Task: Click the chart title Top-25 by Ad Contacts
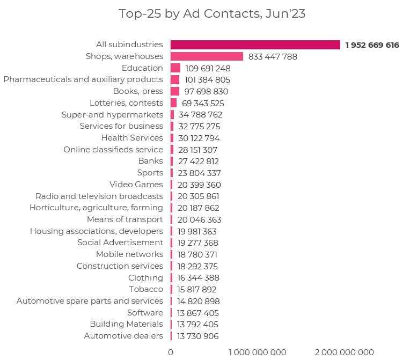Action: (x=212, y=14)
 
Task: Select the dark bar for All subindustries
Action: (x=255, y=45)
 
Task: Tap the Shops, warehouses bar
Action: (x=207, y=56)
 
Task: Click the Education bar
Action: (x=175, y=68)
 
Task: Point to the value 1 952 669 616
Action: (x=372, y=45)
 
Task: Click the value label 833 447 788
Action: (x=273, y=56)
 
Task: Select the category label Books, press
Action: (x=138, y=91)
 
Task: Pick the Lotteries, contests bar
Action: (x=173, y=103)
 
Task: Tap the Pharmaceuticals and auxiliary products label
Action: (x=83, y=79)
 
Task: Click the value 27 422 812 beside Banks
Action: (x=199, y=161)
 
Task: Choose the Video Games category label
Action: (x=136, y=185)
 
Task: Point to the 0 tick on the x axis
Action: (x=171, y=352)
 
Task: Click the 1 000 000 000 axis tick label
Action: (x=258, y=352)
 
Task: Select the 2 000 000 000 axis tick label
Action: (x=344, y=352)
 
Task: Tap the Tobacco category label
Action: (x=146, y=289)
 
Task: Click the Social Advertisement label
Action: (x=120, y=243)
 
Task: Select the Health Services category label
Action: (x=132, y=138)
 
